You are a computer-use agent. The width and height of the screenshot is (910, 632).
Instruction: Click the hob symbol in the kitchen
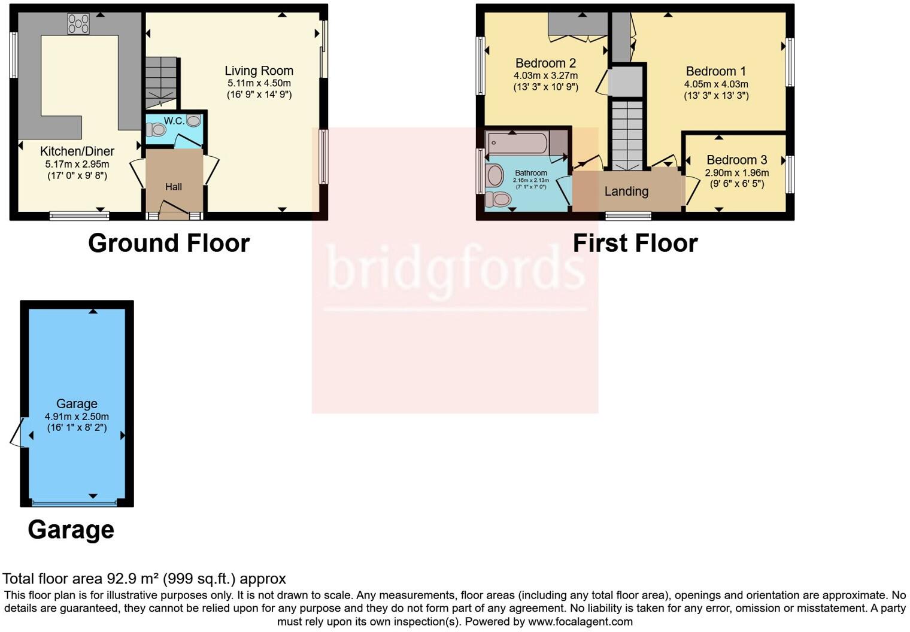78,24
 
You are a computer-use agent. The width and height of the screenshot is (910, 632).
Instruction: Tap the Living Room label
259,71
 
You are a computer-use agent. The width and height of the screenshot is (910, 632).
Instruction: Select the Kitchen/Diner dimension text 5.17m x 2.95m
77,164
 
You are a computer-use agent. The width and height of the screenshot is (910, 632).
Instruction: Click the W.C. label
174,121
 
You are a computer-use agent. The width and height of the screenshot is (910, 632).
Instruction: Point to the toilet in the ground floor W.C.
156,129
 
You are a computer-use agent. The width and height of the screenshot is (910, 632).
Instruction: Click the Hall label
174,187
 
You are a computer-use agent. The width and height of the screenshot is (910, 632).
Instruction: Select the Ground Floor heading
169,243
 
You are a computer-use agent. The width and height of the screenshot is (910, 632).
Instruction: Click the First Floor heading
635,243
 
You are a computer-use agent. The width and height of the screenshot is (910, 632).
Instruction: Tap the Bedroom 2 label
545,63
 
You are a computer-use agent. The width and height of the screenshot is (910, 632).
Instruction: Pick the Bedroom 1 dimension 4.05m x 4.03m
716,84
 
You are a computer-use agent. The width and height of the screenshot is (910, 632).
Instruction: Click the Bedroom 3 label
736,160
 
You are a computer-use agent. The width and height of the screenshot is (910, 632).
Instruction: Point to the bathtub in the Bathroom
518,144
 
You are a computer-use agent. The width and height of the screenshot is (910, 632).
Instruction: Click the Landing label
626,192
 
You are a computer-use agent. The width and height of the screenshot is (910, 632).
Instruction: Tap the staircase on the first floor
627,135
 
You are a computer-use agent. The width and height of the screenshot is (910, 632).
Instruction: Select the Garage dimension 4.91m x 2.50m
77,417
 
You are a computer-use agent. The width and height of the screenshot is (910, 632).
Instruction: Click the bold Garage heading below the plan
71,530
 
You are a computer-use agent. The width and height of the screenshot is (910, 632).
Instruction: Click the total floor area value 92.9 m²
132,579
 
